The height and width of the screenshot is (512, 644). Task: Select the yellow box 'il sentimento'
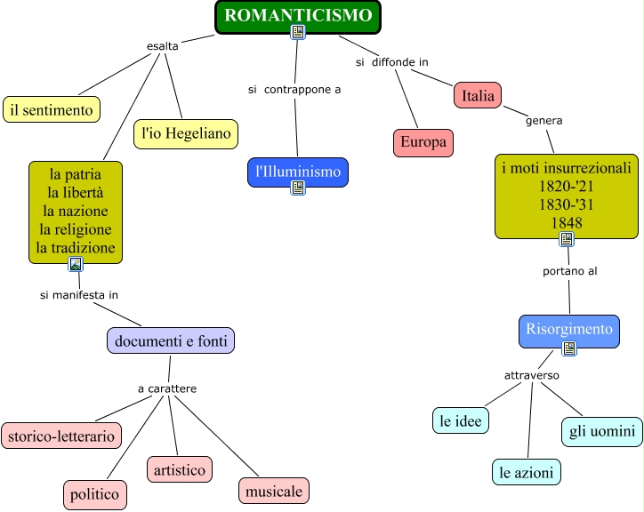51,109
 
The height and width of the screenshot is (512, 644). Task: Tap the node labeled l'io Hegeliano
186,134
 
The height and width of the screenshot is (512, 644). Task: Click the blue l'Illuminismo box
297,169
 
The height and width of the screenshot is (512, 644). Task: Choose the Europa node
423,142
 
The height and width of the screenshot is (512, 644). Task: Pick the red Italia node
478,95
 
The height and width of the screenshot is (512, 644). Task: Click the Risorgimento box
568,329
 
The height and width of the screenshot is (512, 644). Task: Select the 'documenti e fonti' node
171,340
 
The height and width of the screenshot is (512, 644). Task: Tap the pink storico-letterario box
61,436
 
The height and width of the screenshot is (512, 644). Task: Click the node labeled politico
95,493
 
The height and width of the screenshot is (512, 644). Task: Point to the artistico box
180,468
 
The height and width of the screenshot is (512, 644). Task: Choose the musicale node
274,490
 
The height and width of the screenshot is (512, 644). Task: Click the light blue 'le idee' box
461,420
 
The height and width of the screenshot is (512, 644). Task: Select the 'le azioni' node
527,472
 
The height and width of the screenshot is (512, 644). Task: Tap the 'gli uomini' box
601,431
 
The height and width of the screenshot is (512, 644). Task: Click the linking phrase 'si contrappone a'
294,89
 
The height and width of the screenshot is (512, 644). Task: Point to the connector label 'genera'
543,120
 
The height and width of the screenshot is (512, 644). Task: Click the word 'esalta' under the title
162,46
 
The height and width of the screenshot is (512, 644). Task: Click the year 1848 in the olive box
566,222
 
